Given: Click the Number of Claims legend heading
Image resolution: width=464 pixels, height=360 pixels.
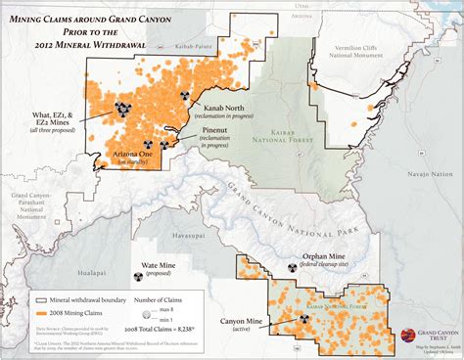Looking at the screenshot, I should click(x=162, y=299).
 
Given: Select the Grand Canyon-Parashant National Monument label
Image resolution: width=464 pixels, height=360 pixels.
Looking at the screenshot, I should click(x=28, y=205).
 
